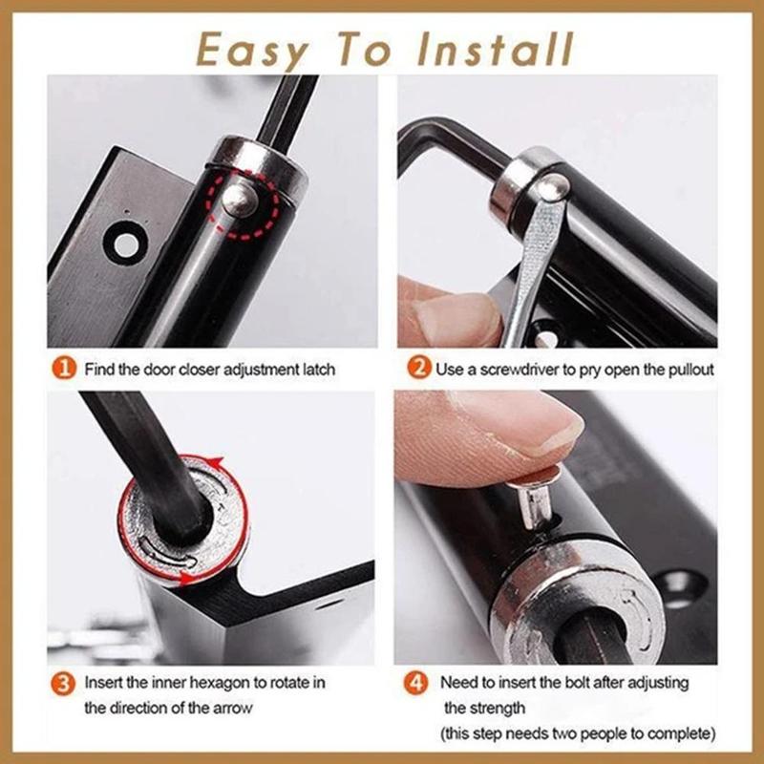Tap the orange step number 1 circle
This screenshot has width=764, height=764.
pos(64,369)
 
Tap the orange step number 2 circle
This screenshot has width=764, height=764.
pos(416,369)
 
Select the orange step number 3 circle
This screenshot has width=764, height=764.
pos(64,683)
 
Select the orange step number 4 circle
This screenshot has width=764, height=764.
pos(416,683)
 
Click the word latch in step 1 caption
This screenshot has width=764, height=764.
pos(314,369)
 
